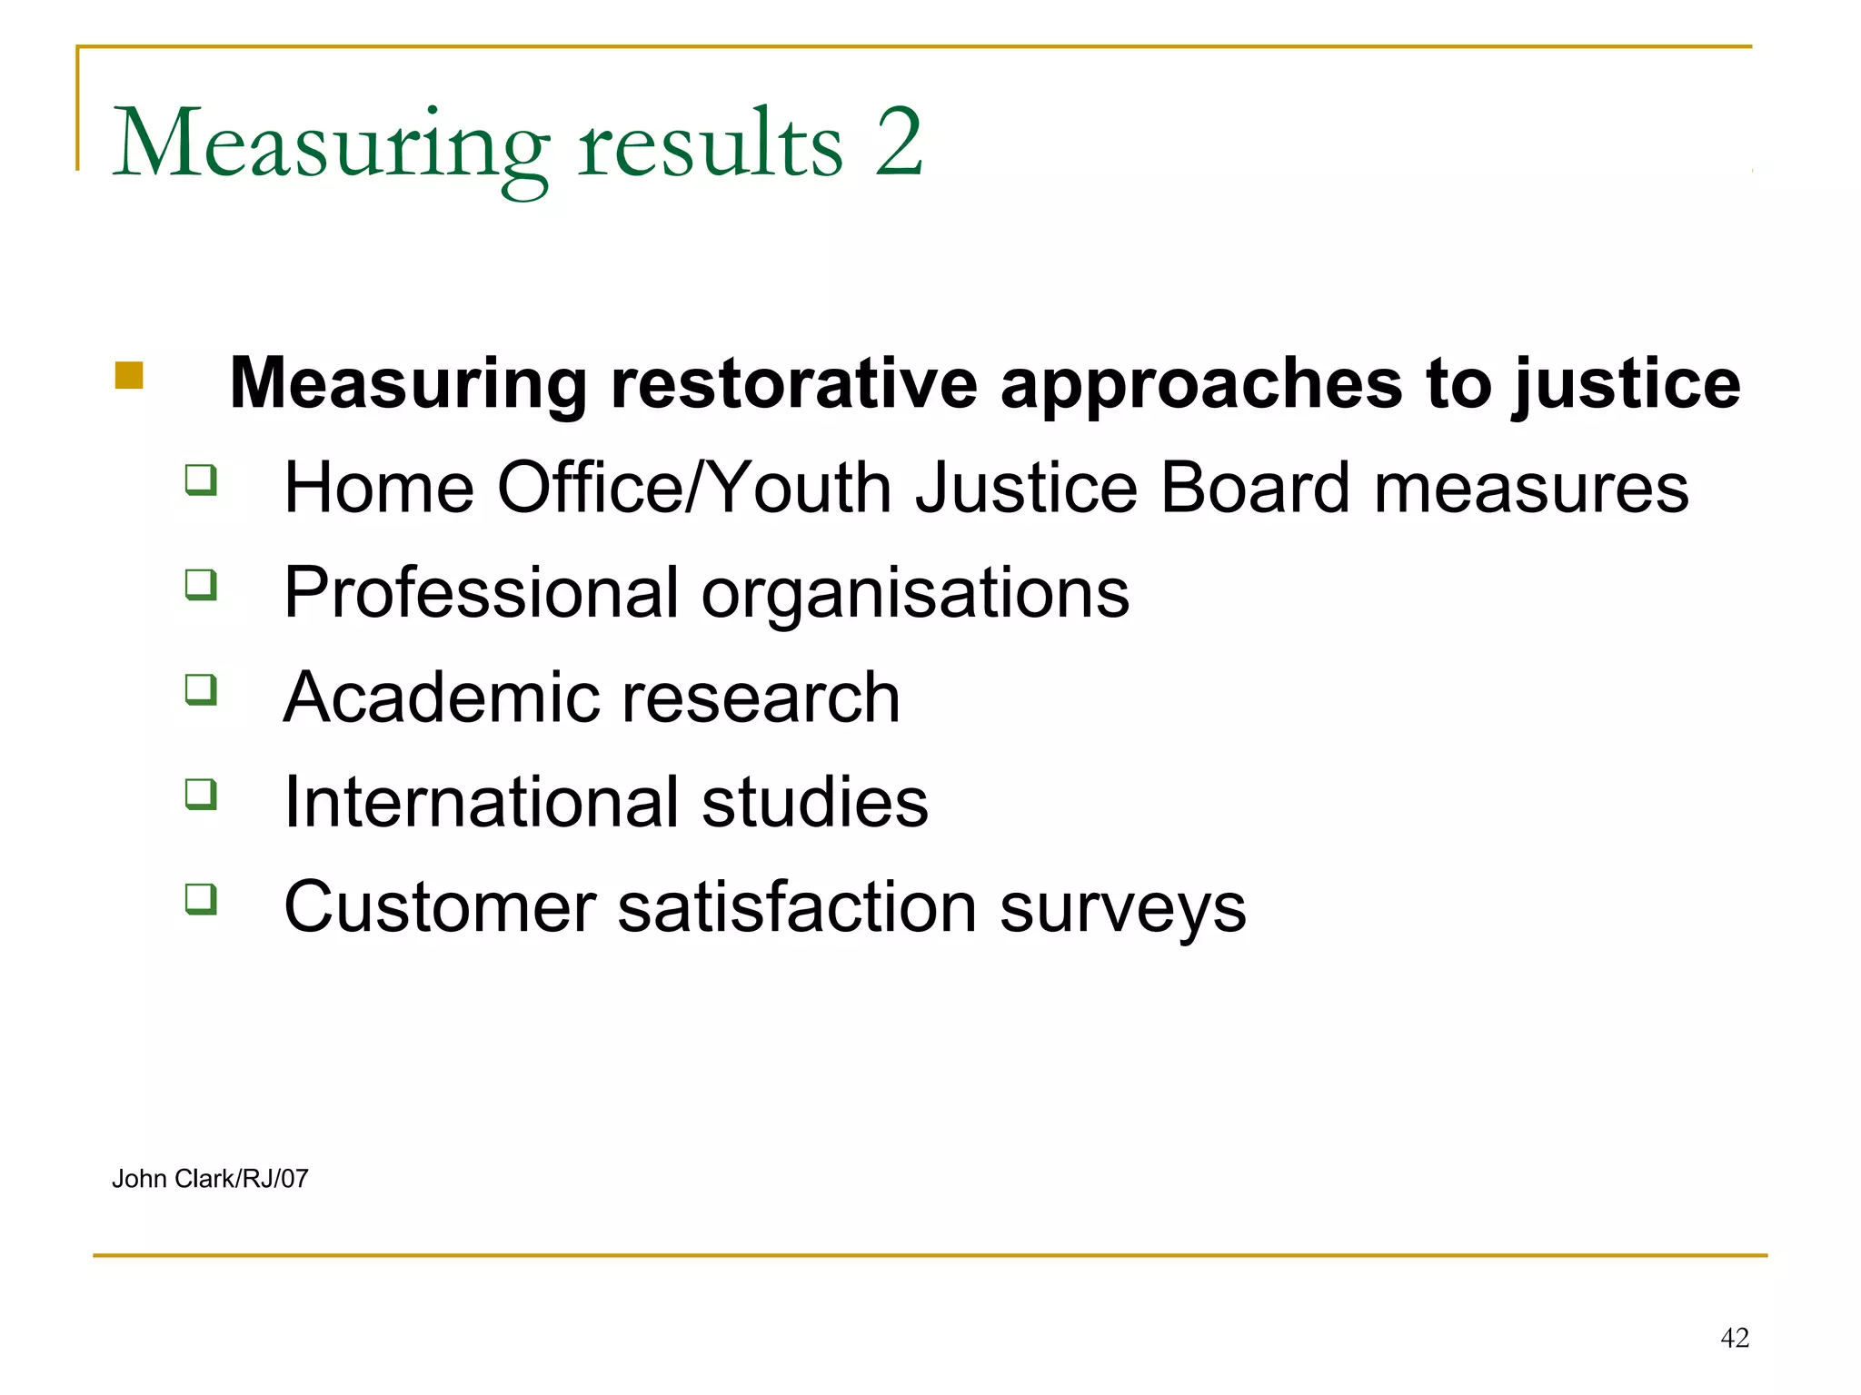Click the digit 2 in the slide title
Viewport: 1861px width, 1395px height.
tap(898, 143)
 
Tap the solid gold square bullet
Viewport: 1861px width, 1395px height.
tap(129, 375)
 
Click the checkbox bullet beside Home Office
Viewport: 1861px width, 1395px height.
tap(201, 479)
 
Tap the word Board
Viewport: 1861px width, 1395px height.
tap(1256, 488)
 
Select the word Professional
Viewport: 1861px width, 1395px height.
tap(481, 593)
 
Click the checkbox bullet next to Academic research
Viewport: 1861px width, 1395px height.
tap(201, 688)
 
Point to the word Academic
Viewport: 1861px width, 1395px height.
tap(434, 697)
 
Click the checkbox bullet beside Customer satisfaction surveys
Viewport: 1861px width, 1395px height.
tap(201, 898)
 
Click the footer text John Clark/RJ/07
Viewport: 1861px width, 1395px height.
tap(210, 1179)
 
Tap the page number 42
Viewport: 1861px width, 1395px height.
tap(1734, 1338)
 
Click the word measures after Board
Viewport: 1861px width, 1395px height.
tap(1530, 488)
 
